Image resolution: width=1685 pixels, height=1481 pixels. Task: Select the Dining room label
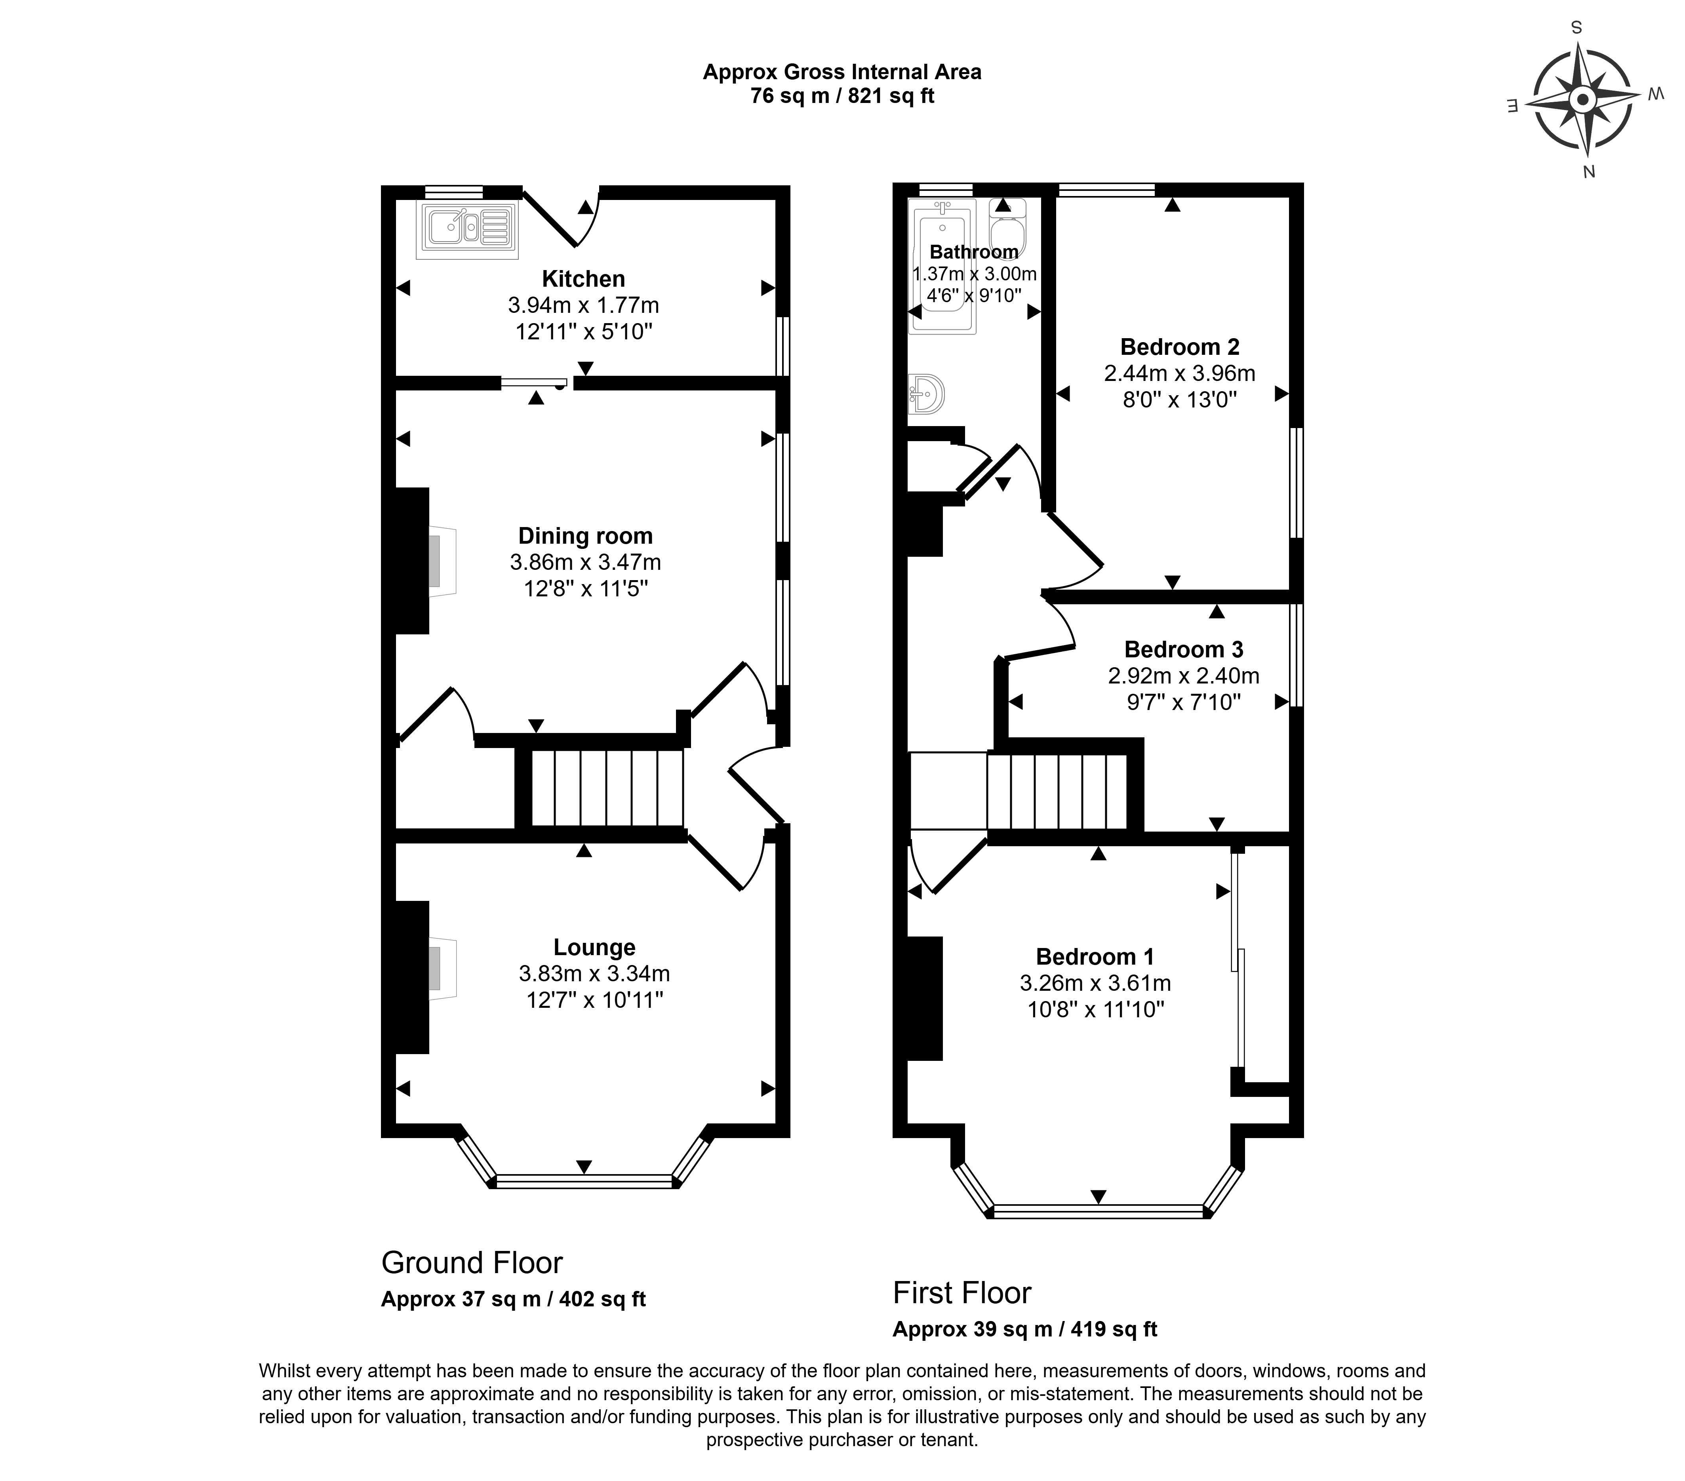tap(585, 536)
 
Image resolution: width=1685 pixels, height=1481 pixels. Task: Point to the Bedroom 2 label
tap(1180, 347)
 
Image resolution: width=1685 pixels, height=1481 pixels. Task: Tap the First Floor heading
tap(962, 1293)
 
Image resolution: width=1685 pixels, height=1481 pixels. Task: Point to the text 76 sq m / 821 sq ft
tap(842, 95)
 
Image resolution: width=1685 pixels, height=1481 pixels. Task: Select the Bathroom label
tap(973, 251)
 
